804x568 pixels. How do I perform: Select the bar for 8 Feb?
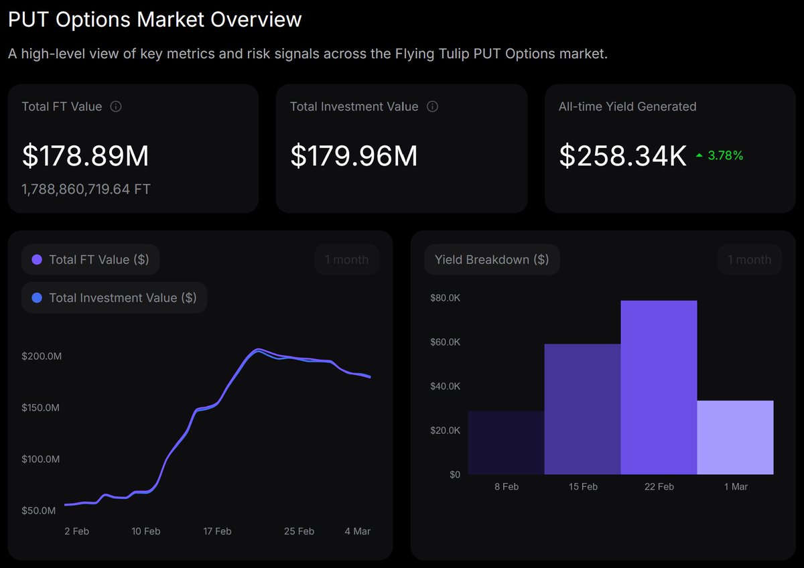click(x=506, y=443)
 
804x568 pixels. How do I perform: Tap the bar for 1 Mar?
click(x=735, y=437)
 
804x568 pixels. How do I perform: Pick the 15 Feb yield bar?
click(x=582, y=409)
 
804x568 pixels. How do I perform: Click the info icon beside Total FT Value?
click(x=116, y=106)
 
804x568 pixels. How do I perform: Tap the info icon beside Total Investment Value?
click(x=432, y=106)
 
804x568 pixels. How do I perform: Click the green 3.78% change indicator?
click(x=720, y=155)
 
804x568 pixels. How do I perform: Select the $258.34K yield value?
click(x=622, y=155)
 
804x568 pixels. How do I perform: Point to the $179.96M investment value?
click(x=354, y=155)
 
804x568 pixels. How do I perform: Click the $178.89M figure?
click(x=85, y=155)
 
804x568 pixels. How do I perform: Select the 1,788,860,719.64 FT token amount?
click(x=86, y=190)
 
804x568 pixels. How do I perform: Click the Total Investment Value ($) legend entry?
click(x=115, y=297)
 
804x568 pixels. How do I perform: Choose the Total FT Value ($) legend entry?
click(x=91, y=260)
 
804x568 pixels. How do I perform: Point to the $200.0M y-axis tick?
click(x=42, y=356)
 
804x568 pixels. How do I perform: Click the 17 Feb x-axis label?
click(x=217, y=531)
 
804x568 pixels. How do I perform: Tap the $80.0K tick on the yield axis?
click(x=445, y=298)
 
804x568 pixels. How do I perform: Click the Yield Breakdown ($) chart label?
click(x=491, y=260)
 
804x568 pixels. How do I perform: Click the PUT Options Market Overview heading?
click(x=155, y=19)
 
